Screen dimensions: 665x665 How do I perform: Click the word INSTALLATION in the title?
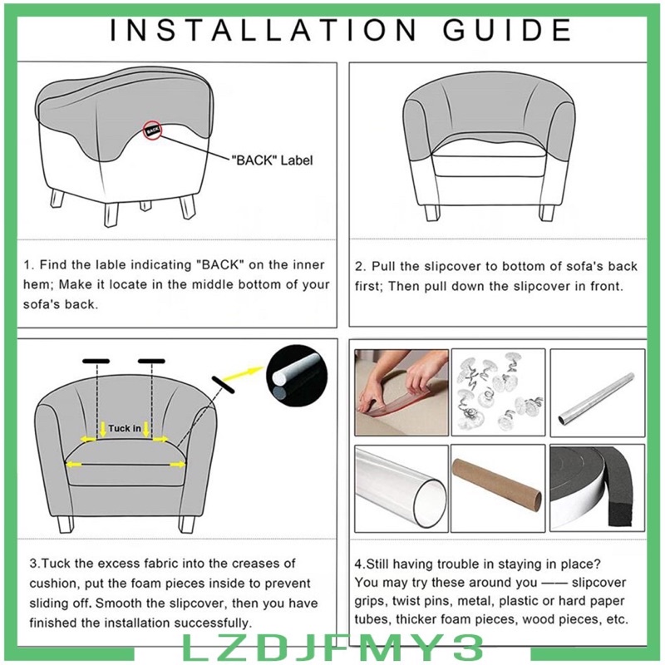(263, 30)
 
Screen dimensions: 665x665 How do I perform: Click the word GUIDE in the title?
(507, 30)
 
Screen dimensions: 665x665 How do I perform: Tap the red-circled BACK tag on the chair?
(152, 131)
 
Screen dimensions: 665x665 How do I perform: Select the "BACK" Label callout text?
(272, 160)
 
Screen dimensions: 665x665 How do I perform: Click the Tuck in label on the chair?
(124, 428)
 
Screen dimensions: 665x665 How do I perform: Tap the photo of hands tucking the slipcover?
(401, 392)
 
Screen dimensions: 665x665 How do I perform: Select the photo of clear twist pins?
(498, 392)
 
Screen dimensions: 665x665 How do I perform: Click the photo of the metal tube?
(598, 392)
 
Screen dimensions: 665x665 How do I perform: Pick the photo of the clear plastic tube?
(401, 488)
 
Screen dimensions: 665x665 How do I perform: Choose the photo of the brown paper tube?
(498, 488)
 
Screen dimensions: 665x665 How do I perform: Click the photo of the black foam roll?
(598, 488)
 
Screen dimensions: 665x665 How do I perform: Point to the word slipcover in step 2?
(453, 266)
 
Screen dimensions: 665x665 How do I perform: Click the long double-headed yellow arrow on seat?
(126, 465)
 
